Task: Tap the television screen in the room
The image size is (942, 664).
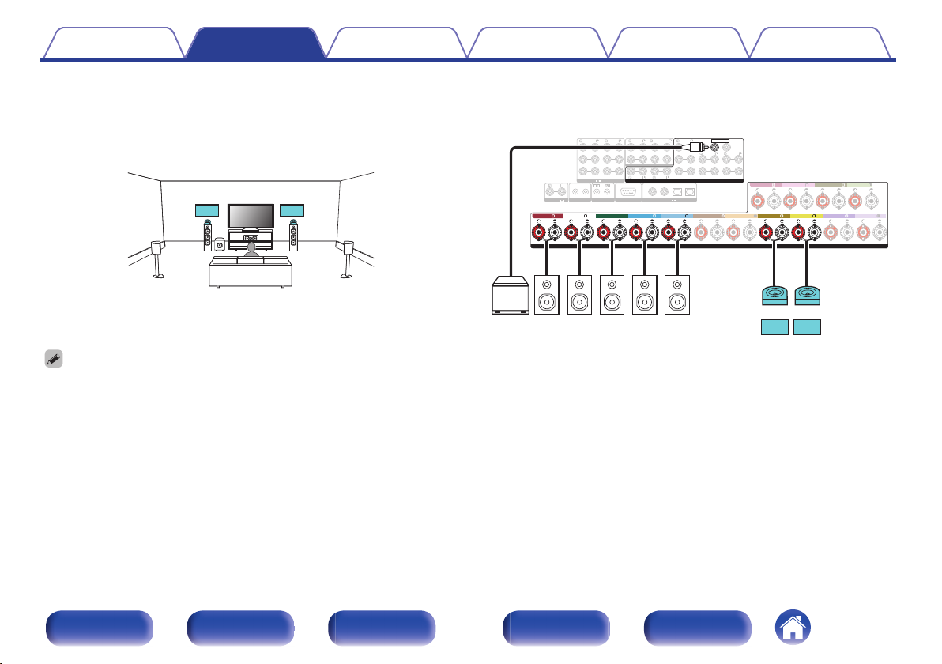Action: [251, 216]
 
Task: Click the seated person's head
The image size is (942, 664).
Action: [251, 249]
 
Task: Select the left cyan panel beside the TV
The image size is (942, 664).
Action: [206, 211]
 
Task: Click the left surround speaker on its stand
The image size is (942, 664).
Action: [158, 257]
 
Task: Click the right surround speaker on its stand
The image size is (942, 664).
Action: [347, 257]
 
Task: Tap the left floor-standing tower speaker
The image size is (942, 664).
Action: [207, 236]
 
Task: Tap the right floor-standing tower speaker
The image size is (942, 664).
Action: [293, 236]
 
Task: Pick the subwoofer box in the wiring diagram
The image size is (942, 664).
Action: [511, 296]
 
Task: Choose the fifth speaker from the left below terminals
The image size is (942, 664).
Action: [677, 294]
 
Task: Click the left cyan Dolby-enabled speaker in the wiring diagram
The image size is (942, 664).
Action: [774, 294]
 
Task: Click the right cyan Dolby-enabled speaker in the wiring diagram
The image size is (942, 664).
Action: [807, 294]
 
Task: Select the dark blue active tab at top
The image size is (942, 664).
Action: [255, 43]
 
